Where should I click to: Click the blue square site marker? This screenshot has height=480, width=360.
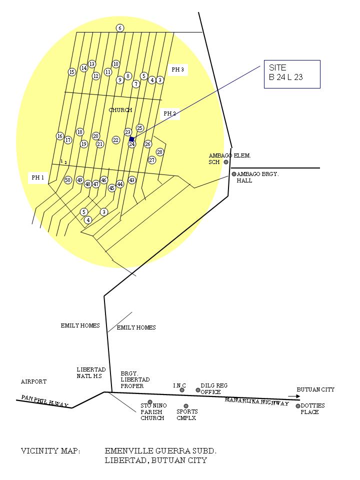click(131, 139)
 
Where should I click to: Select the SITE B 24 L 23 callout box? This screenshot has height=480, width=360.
click(292, 74)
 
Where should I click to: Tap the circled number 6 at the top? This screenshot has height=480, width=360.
click(120, 28)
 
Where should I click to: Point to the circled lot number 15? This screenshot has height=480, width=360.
click(72, 72)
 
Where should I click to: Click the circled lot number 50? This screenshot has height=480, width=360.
click(68, 180)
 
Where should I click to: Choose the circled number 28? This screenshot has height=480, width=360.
click(160, 152)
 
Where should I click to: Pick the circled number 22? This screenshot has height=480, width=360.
click(116, 140)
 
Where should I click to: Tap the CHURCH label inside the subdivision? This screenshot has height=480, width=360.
click(120, 110)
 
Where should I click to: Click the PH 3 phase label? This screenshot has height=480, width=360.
click(178, 70)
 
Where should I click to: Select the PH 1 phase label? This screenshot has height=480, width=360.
click(38, 177)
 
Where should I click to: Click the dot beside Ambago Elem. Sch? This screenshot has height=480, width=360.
click(226, 162)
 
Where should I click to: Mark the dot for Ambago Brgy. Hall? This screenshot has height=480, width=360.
click(233, 174)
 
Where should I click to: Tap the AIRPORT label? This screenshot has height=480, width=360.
click(33, 381)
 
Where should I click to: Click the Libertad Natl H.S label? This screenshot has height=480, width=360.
click(91, 372)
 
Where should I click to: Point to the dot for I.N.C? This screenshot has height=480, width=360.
click(182, 390)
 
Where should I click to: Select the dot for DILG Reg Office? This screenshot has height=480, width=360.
click(198, 390)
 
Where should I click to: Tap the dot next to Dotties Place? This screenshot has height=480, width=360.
click(298, 406)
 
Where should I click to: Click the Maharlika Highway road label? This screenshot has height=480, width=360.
click(256, 401)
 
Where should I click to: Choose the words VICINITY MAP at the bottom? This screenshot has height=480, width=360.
click(50, 451)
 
